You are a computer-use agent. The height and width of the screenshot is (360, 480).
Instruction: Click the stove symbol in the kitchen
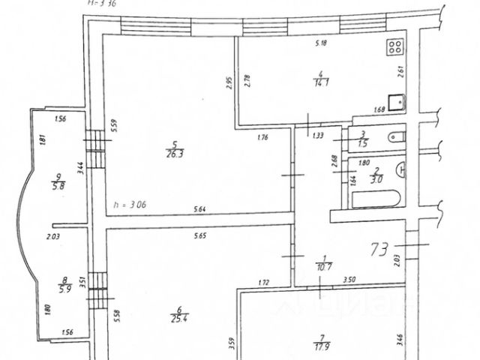(x=394, y=48)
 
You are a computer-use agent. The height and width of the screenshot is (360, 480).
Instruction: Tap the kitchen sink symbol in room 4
(x=396, y=101)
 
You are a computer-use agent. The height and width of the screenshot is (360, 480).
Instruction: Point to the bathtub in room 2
(x=375, y=200)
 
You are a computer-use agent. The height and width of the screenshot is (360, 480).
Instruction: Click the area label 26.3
(x=175, y=155)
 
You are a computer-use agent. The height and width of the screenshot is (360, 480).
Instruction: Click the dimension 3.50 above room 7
(x=349, y=280)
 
